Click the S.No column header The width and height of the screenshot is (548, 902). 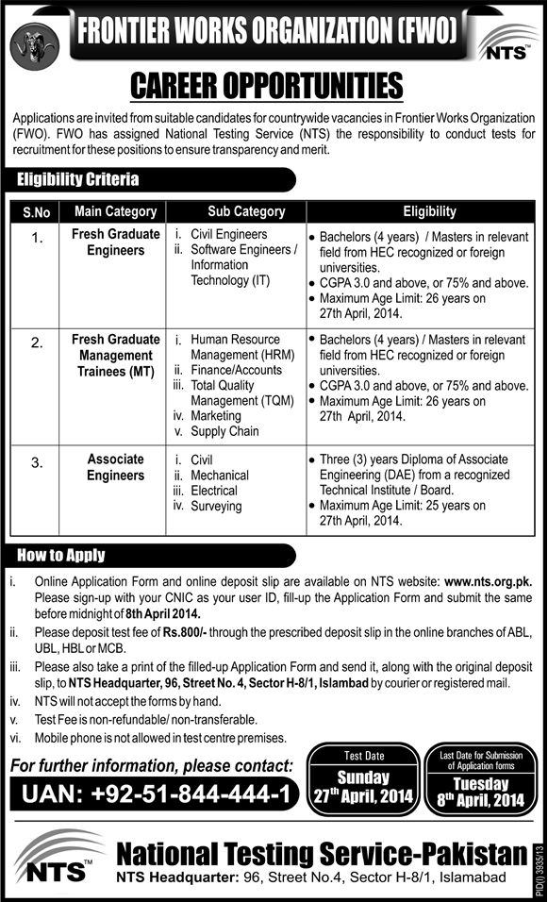(38, 212)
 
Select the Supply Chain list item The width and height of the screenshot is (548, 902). (224, 431)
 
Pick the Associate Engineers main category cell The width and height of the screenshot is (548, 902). (116, 468)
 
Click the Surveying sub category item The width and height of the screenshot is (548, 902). (216, 506)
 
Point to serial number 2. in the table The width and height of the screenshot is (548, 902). (37, 342)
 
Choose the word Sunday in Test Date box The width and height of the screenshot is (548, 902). (363, 778)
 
